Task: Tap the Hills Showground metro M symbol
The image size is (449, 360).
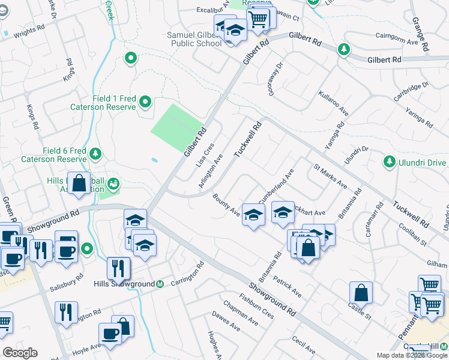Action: tap(160, 284)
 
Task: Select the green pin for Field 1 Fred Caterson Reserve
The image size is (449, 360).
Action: tap(145, 103)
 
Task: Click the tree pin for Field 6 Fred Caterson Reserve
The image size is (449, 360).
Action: tap(95, 155)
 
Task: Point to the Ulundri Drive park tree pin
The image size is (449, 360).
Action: tap(389, 162)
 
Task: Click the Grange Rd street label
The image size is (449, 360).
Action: tap(420, 34)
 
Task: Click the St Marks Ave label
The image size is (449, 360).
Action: tap(330, 175)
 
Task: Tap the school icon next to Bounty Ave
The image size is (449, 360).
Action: tap(253, 214)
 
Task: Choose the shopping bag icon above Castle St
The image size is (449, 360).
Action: tap(361, 292)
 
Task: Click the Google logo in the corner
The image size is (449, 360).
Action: tap(20, 353)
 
